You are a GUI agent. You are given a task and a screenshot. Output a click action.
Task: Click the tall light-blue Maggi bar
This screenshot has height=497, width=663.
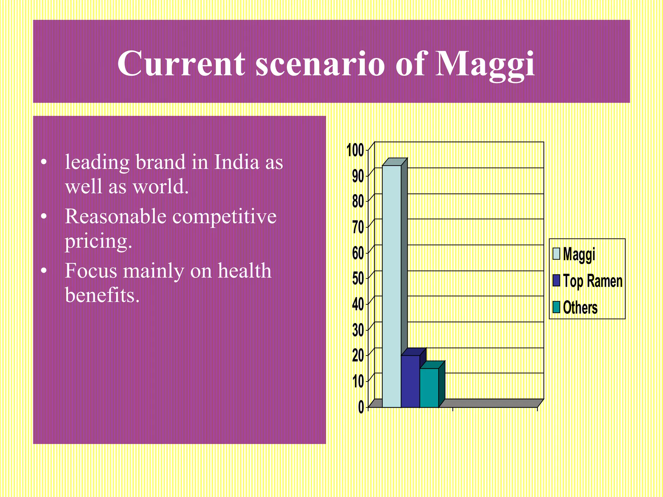click(x=391, y=285)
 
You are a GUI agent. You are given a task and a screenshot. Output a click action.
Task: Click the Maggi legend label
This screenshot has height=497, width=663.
click(x=579, y=254)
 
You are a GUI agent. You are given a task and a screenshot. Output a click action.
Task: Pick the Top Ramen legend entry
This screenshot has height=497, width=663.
click(x=592, y=281)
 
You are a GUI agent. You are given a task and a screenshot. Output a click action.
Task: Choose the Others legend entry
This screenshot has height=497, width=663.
click(x=580, y=307)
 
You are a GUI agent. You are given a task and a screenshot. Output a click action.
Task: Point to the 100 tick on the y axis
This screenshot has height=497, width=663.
click(x=355, y=150)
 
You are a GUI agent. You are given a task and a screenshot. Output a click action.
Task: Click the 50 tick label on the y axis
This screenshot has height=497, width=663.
click(x=358, y=278)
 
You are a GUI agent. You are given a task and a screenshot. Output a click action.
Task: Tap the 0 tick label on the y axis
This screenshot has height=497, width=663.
click(x=361, y=407)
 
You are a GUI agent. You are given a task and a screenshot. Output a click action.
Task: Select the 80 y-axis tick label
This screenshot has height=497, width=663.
click(x=358, y=202)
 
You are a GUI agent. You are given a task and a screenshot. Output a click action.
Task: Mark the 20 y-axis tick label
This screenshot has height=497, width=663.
click(x=358, y=356)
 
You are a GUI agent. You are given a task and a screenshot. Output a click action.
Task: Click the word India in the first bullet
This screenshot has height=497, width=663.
click(x=237, y=162)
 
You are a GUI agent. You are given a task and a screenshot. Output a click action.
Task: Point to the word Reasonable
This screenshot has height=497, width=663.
click(x=115, y=216)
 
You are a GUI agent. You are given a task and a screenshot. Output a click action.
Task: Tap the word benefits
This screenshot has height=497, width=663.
click(x=102, y=295)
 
